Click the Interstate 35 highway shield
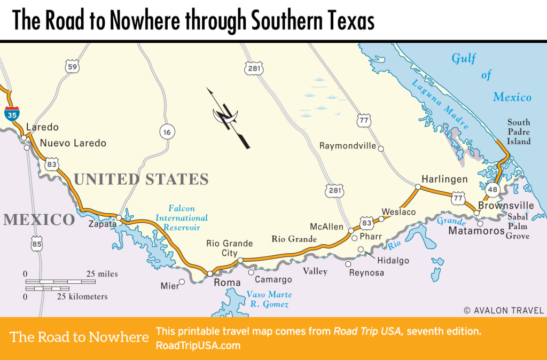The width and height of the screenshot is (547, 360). tap(11, 113)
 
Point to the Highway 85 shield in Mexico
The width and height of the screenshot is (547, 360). tap(36, 245)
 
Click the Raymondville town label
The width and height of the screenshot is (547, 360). tap(347, 146)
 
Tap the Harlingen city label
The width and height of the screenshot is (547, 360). tap(444, 179)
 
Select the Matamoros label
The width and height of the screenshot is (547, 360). tap(476, 231)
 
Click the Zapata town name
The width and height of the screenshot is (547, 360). tap(102, 224)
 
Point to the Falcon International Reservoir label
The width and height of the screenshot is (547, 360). tap(182, 218)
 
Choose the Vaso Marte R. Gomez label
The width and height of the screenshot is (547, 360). tap(269, 299)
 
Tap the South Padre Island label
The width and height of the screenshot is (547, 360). tap(519, 132)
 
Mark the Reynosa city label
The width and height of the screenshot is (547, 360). tap(366, 272)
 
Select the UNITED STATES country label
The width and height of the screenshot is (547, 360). tap(141, 179)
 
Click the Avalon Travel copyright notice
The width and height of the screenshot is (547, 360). tap(503, 310)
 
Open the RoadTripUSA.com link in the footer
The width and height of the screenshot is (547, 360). tap(198, 346)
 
